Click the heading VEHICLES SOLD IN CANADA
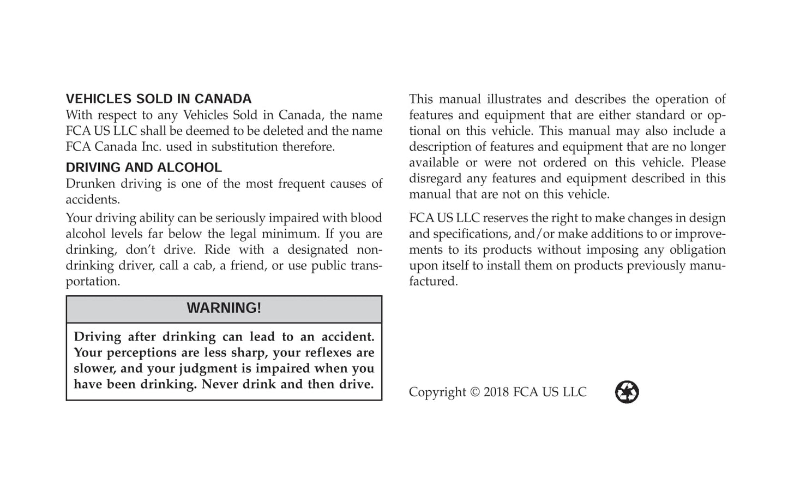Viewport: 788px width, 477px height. pyautogui.click(x=159, y=99)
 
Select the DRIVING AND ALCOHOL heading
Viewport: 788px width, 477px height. pyautogui.click(x=144, y=168)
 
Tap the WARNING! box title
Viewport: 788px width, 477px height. pyautogui.click(x=224, y=308)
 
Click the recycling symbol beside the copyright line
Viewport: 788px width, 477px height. pyautogui.click(x=627, y=392)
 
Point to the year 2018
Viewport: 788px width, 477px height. pyautogui.click(x=496, y=392)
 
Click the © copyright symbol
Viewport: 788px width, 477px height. pyautogui.click(x=474, y=392)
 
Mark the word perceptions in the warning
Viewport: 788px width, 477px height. pyautogui.click(x=146, y=353)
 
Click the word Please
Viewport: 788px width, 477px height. pyautogui.click(x=708, y=163)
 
